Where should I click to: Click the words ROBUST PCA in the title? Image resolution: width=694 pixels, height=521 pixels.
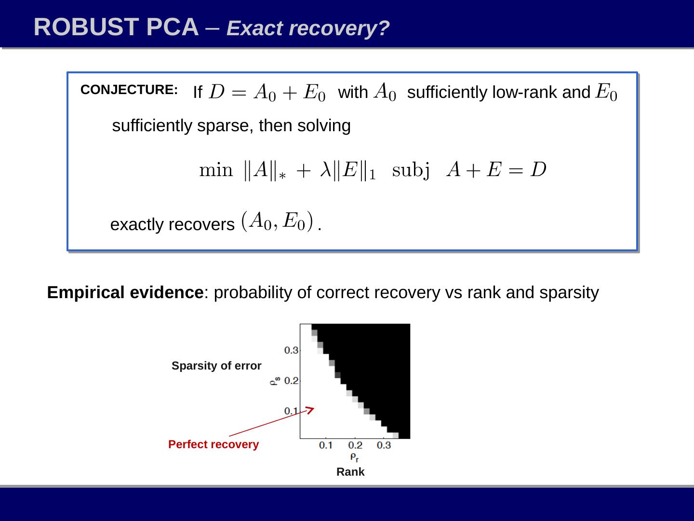tap(116, 27)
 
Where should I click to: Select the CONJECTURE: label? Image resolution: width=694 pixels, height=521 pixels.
tap(129, 90)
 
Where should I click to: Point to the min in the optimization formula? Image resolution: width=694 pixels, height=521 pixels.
tap(215, 170)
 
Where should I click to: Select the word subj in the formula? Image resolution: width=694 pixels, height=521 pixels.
tap(411, 171)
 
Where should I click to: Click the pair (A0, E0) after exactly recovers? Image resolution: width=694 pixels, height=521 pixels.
tap(278, 221)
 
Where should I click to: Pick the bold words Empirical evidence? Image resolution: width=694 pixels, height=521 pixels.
tap(125, 293)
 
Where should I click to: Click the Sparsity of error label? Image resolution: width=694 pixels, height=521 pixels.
tap(216, 366)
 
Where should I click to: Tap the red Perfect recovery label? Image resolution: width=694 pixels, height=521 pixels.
tap(214, 444)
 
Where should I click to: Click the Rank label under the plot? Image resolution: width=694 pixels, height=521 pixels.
tap(350, 472)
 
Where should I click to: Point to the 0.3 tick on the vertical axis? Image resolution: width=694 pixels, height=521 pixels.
tap(291, 350)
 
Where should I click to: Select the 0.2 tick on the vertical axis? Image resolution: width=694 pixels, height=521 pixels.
tap(291, 381)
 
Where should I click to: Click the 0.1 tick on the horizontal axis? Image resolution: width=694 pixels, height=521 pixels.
tap(326, 445)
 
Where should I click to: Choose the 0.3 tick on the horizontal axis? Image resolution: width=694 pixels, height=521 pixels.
tap(384, 445)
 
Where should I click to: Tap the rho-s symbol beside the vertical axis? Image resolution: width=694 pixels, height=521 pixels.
tap(274, 382)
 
